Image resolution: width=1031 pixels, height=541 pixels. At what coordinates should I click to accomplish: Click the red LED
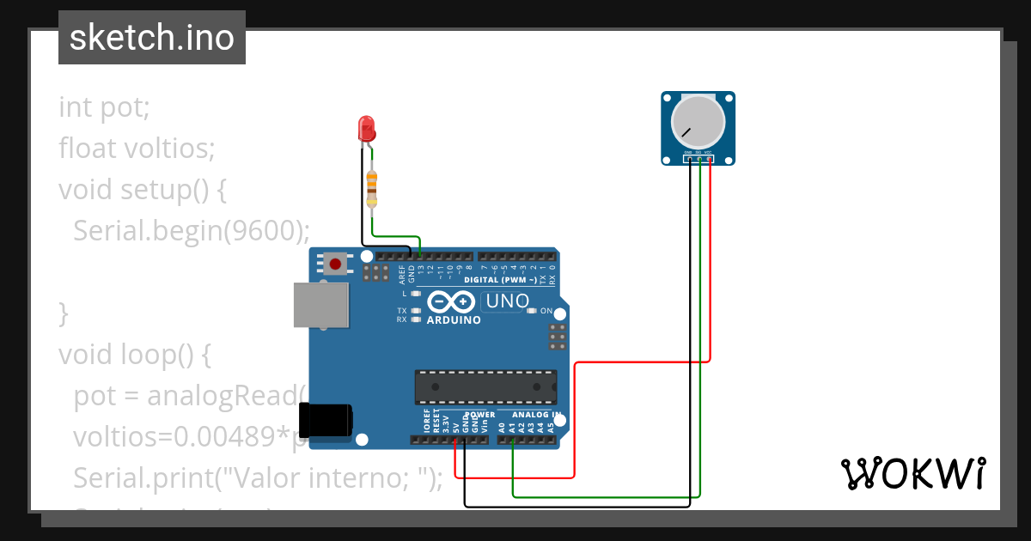pos(366,130)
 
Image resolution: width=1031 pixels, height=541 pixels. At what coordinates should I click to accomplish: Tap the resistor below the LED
pos(371,188)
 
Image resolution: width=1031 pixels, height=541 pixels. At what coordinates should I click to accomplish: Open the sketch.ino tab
pos(152,38)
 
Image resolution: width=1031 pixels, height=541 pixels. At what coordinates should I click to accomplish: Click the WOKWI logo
pos(912,473)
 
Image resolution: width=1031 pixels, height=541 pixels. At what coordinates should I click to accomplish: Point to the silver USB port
pos(321,305)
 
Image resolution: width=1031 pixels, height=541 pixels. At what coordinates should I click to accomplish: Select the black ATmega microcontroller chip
pos(485,386)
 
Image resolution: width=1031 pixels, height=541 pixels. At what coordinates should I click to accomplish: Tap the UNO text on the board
pos(507,301)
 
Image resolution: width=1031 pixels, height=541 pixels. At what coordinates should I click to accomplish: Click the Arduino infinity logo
pos(451,302)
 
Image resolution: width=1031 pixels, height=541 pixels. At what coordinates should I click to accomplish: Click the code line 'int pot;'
pos(105,108)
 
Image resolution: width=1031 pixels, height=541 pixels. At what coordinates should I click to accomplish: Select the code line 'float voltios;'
pos(137,149)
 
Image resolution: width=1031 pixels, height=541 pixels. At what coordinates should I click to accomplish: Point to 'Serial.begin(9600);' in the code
pos(192,230)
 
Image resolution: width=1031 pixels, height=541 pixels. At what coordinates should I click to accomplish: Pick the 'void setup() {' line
pos(143,189)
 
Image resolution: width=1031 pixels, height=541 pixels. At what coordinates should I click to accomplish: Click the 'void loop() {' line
pos(134,354)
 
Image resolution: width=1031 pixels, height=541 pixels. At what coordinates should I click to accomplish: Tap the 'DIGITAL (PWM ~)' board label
pos(501,280)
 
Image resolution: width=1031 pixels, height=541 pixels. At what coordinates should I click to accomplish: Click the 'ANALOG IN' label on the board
pos(539,415)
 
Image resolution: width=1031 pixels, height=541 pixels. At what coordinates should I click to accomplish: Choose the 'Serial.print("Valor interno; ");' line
pos(258,477)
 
